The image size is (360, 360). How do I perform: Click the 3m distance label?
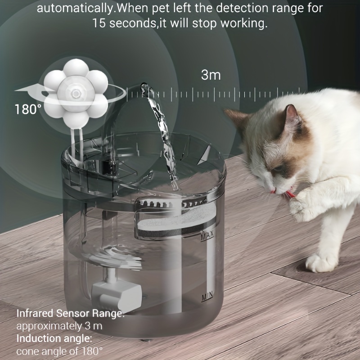(x=211, y=75)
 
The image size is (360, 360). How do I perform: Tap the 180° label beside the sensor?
(x=28, y=109)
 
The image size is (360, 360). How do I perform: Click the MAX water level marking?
(x=207, y=235)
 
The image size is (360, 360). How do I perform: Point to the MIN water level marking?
(x=207, y=297)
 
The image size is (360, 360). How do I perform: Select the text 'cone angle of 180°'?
(x=59, y=351)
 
